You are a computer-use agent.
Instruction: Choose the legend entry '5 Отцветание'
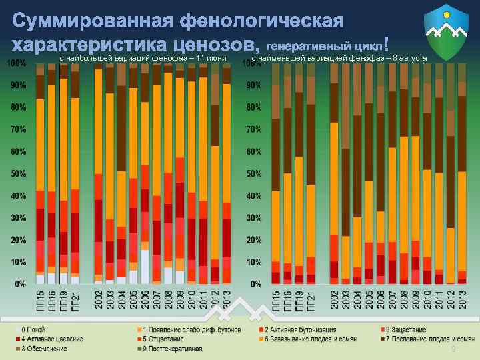pos(163,339)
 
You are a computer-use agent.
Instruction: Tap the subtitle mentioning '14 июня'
pos(143,59)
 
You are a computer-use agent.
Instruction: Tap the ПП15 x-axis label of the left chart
pos(41,299)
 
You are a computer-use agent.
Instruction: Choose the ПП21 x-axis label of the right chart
pos(311,299)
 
